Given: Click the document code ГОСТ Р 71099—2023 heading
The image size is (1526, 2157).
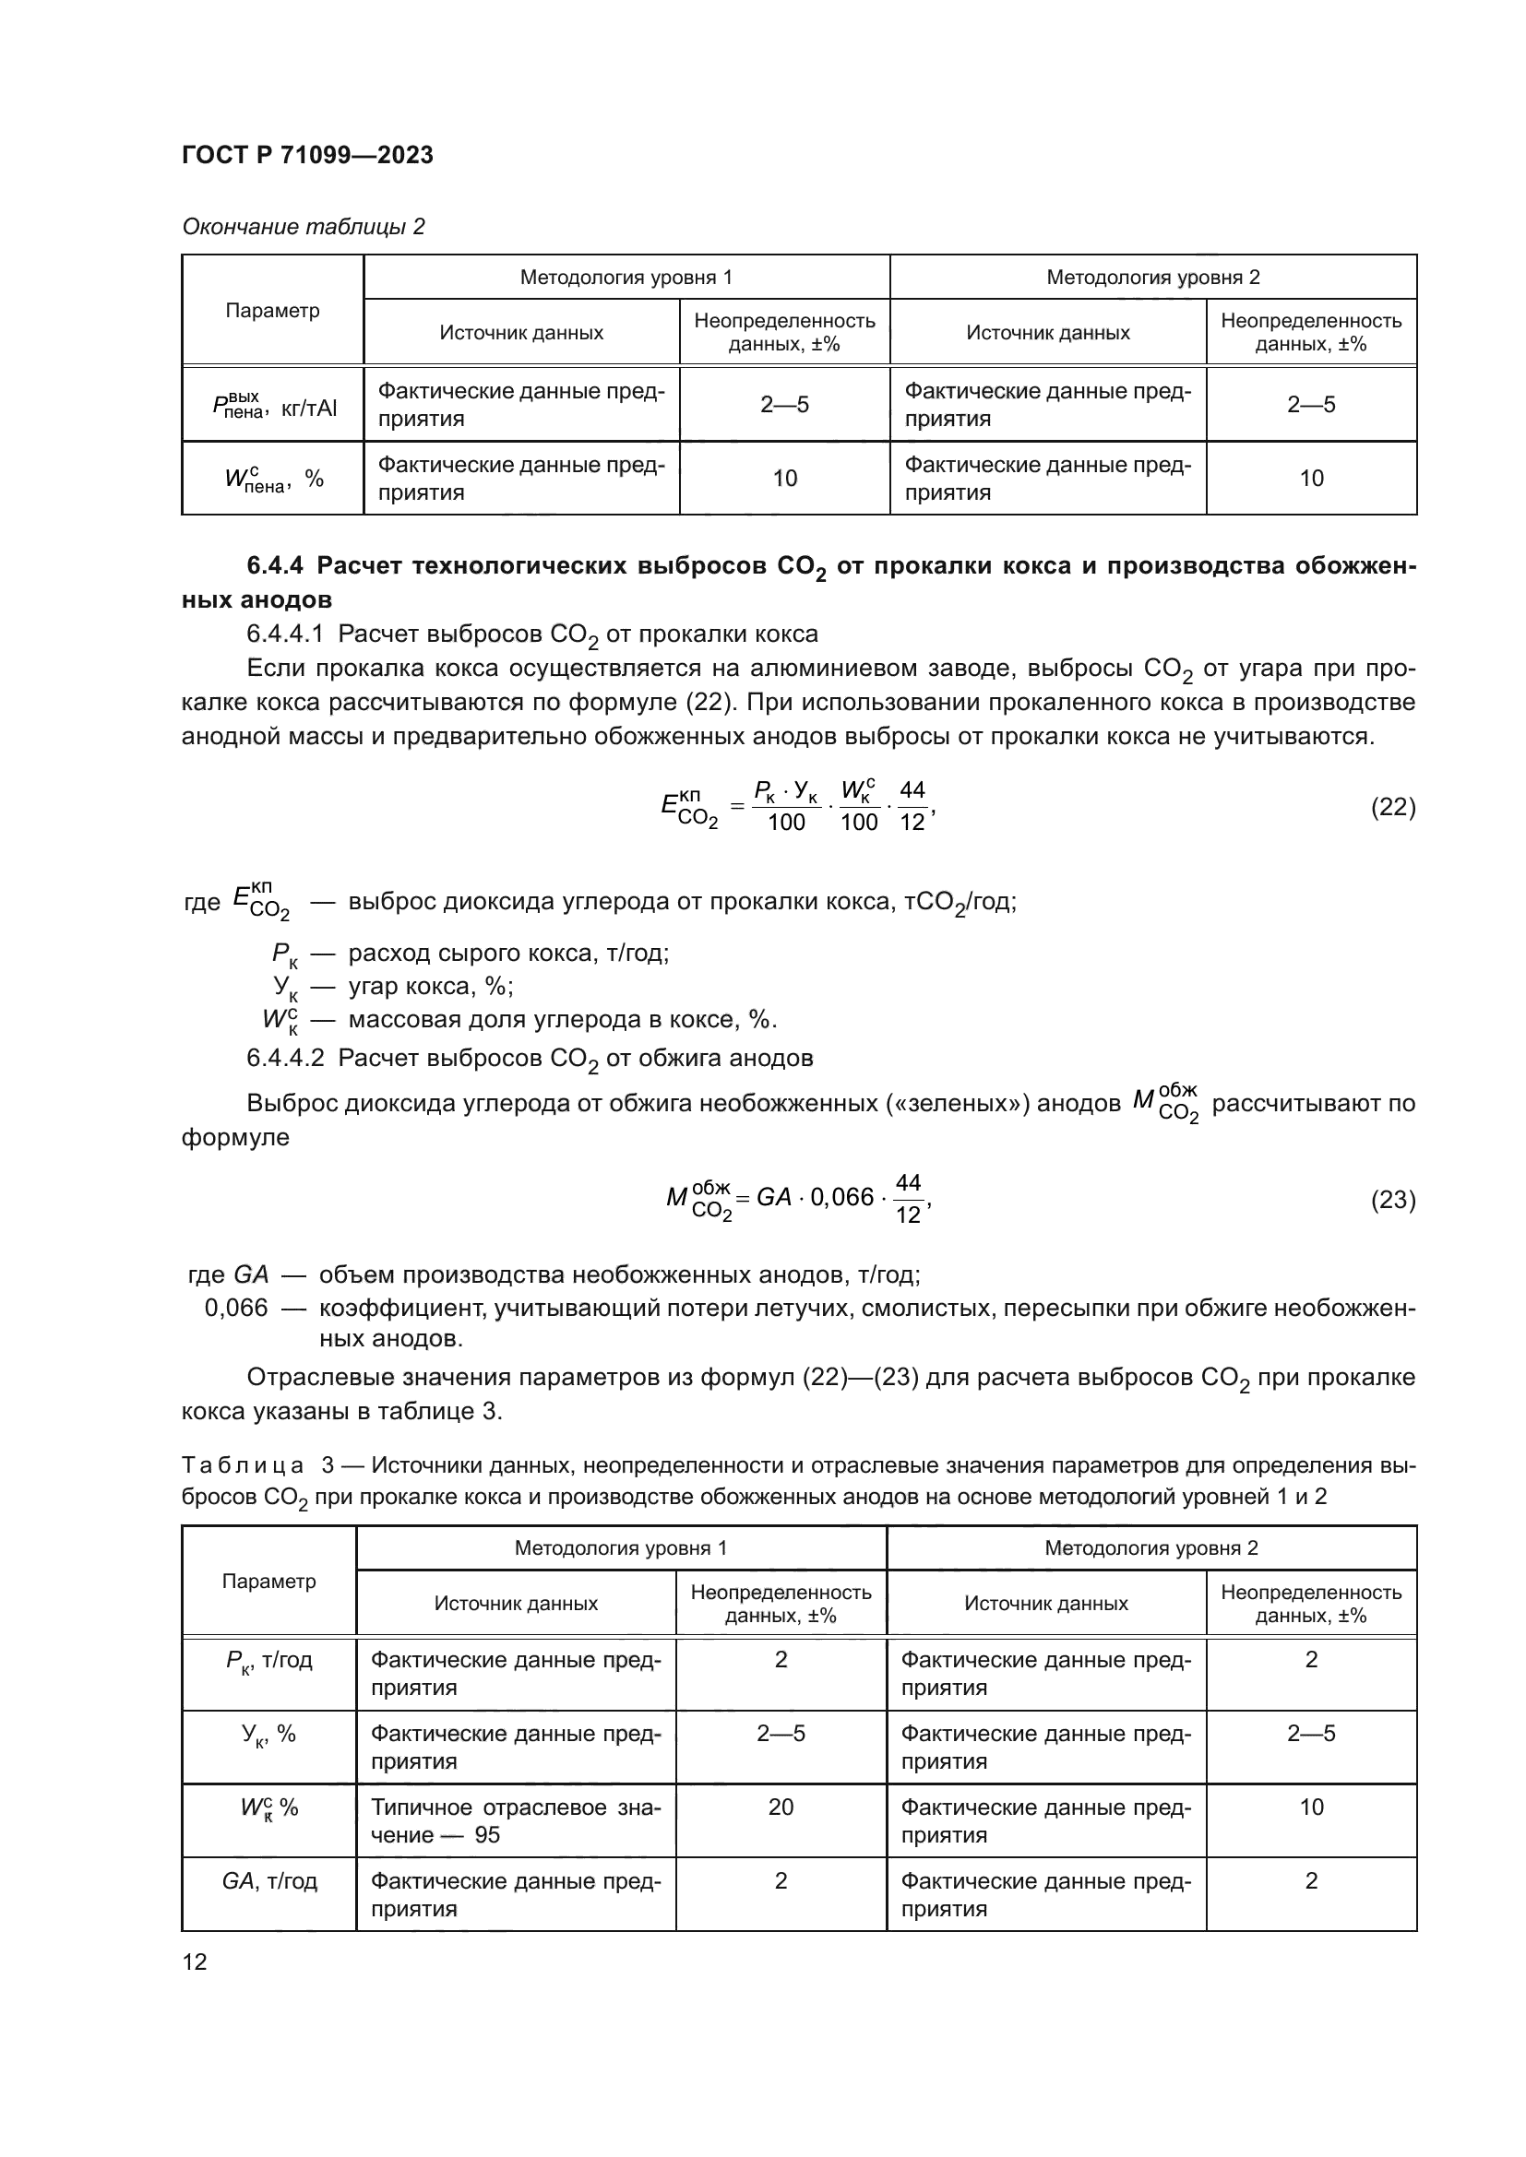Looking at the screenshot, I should click(307, 155).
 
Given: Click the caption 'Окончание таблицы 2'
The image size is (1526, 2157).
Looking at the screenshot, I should click(303, 227).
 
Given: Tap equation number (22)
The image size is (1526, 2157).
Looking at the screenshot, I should click(1392, 806).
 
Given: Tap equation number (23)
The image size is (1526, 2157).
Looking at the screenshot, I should click(1392, 1199).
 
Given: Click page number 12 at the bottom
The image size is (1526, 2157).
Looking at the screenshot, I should click(195, 1961).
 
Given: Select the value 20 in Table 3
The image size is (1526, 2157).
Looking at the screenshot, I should click(780, 1807).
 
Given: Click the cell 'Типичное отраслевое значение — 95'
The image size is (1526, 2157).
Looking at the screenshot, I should click(515, 1820).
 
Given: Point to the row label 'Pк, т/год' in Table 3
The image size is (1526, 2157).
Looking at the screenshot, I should click(268, 1660).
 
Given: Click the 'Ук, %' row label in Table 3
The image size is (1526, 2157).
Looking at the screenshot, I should click(268, 1735).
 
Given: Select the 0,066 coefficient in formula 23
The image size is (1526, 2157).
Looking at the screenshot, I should click(842, 1197).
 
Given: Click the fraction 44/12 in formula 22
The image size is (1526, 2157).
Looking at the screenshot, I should click(912, 806).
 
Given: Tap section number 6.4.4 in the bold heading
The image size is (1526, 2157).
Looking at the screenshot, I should click(274, 565).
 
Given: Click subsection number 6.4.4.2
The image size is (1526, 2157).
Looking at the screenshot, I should click(285, 1058).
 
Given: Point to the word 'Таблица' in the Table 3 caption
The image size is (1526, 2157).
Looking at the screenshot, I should click(243, 1465).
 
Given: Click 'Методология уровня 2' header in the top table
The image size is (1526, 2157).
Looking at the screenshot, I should click(1153, 278).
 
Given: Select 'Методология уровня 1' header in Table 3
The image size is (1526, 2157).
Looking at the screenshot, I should click(620, 1548).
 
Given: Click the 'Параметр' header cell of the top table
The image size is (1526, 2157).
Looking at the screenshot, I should click(272, 310).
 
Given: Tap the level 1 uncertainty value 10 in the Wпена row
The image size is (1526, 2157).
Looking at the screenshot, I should click(784, 479).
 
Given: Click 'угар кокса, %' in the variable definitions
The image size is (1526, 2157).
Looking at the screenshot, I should click(430, 987).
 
